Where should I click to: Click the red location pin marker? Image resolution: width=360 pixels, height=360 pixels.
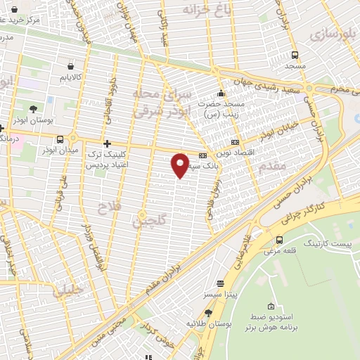coord(181,165)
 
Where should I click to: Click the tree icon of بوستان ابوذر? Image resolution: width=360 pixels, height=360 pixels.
coord(34,108)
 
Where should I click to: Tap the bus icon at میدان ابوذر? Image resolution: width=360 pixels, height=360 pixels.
coord(60,139)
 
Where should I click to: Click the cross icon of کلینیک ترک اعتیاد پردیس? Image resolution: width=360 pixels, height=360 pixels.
coord(107,143)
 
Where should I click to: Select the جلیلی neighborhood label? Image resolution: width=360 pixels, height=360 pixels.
coord(70,290)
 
